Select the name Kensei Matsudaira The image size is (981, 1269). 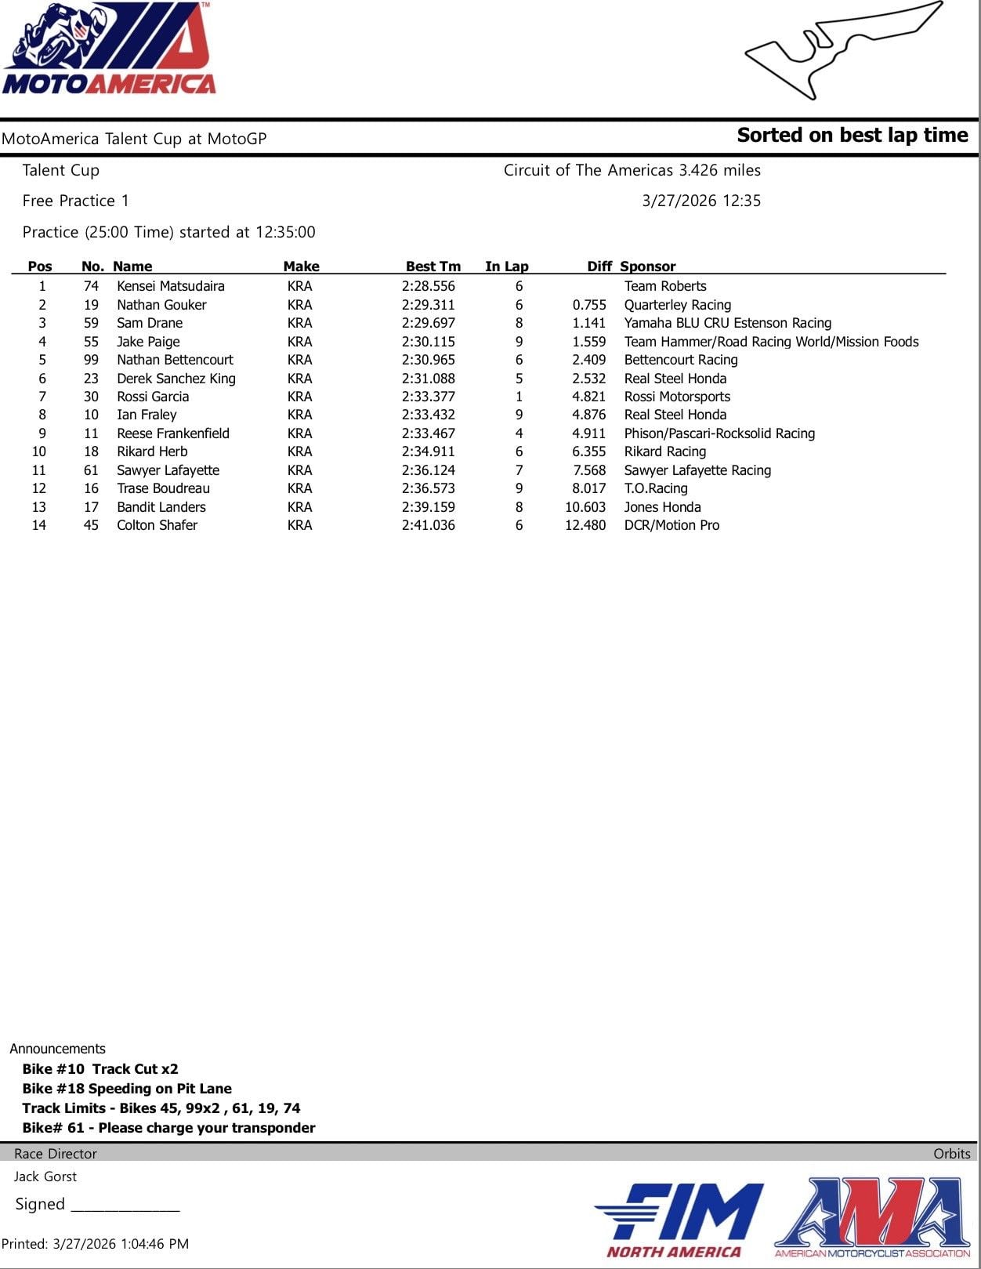pyautogui.click(x=170, y=286)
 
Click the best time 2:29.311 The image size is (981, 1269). pyautogui.click(x=428, y=305)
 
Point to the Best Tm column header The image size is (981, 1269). pyautogui.click(x=433, y=266)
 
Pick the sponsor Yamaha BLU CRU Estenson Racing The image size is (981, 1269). pyautogui.click(x=727, y=323)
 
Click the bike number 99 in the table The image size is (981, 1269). pyautogui.click(x=91, y=360)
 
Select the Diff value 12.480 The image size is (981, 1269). pyautogui.click(x=585, y=525)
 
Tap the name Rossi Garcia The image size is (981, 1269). pyautogui.click(x=153, y=397)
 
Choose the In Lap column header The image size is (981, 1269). pyautogui.click(x=506, y=266)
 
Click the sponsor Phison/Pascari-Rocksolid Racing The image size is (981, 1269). pyautogui.click(x=719, y=433)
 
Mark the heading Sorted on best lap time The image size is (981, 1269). pyautogui.click(x=852, y=136)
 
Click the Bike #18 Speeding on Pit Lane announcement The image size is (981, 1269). pyautogui.click(x=127, y=1088)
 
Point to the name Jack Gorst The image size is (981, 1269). pyautogui.click(x=45, y=1176)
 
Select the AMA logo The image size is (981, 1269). pyautogui.click(x=872, y=1216)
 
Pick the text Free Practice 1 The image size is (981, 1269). pyautogui.click(x=75, y=201)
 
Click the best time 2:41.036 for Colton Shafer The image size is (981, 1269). pyautogui.click(x=428, y=525)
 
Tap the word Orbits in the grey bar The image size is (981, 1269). pyautogui.click(x=951, y=1153)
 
